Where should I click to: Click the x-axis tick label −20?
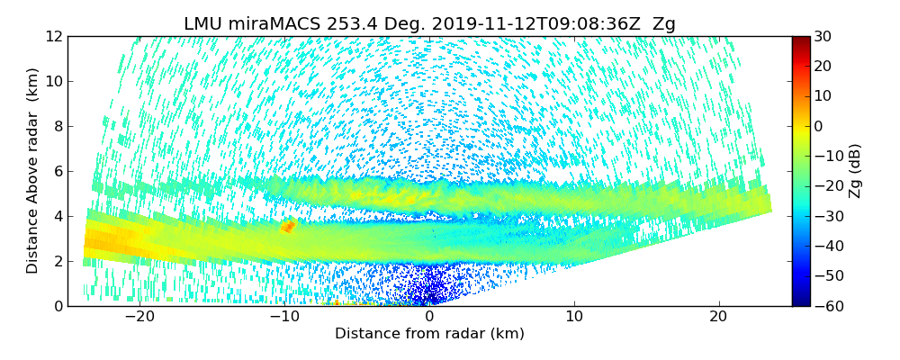pos(139,317)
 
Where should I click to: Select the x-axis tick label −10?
pos(284,317)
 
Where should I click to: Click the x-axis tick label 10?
pos(574,317)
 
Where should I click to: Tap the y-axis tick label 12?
pos(53,36)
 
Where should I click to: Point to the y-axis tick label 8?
pos(57,126)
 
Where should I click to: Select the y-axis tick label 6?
pos(57,171)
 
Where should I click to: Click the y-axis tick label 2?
pos(57,261)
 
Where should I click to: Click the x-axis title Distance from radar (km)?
pos(429,334)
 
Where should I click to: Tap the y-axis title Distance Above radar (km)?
pos(33,170)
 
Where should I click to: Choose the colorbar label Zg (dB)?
pos(855,171)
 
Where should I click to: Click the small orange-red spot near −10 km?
pos(288,227)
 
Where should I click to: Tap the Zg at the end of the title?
pos(663,24)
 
